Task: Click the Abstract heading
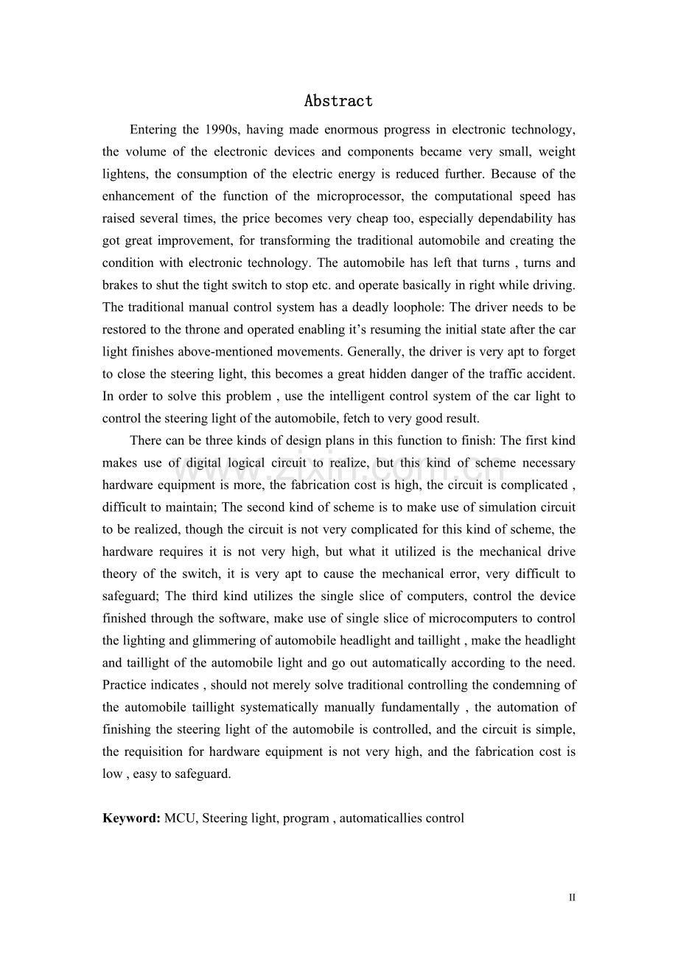click(338, 101)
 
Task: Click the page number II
click(572, 897)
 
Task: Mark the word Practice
click(125, 685)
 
